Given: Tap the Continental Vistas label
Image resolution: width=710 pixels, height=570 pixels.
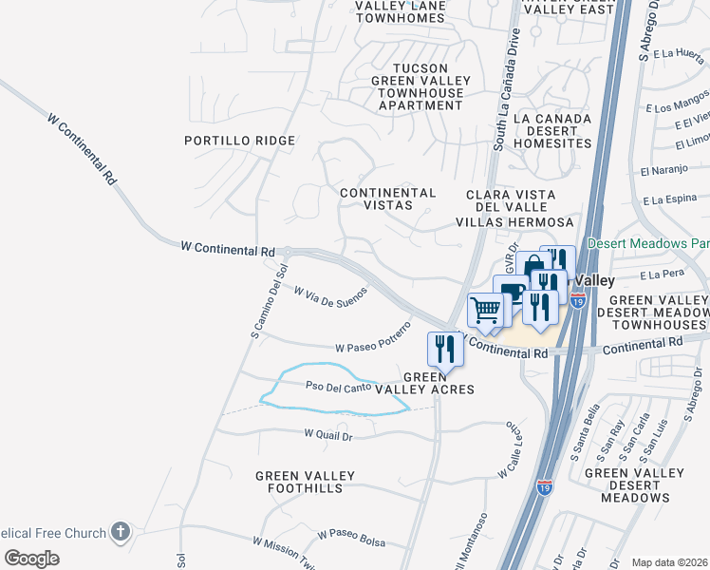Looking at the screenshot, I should [x=388, y=199].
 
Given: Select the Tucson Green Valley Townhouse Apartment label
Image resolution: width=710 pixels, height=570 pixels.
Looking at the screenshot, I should [x=420, y=86].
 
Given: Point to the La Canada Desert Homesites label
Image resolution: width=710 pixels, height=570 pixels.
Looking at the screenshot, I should [x=551, y=131].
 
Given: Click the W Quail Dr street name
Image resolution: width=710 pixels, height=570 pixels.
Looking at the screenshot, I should [x=328, y=435].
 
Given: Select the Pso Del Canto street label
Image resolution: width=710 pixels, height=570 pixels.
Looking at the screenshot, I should [x=337, y=388].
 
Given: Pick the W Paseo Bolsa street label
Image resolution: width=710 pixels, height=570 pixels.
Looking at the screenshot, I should [x=352, y=537].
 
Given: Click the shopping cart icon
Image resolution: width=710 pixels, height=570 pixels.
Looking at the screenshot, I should [x=486, y=310].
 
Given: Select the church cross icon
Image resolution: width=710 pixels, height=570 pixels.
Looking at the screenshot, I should [x=120, y=531].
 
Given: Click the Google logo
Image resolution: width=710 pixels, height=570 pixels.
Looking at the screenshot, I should [x=32, y=559].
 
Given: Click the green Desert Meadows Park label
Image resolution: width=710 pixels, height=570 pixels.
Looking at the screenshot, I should [x=648, y=243].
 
